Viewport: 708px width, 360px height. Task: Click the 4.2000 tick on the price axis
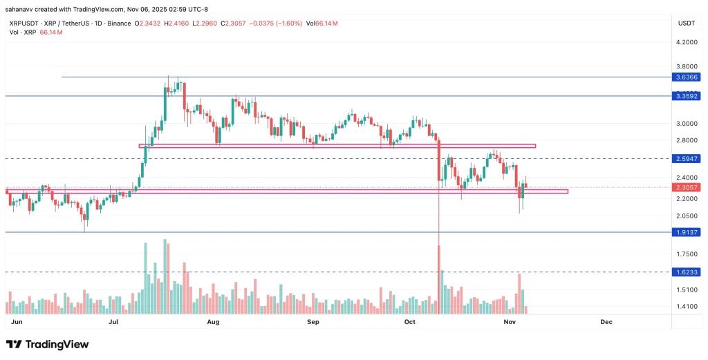tap(686, 42)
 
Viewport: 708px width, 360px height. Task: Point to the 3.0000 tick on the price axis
tap(686, 124)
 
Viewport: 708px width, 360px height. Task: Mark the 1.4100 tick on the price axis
tap(686, 307)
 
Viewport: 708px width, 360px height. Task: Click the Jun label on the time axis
tap(17, 322)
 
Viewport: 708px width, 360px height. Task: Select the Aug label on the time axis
tap(213, 322)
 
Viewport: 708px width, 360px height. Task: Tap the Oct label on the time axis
tap(410, 322)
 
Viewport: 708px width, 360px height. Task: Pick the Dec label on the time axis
tap(606, 322)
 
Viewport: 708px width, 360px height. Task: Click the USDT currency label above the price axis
tap(686, 23)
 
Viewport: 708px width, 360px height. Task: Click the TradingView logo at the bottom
tap(48, 344)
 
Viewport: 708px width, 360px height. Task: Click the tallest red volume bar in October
tap(439, 274)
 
